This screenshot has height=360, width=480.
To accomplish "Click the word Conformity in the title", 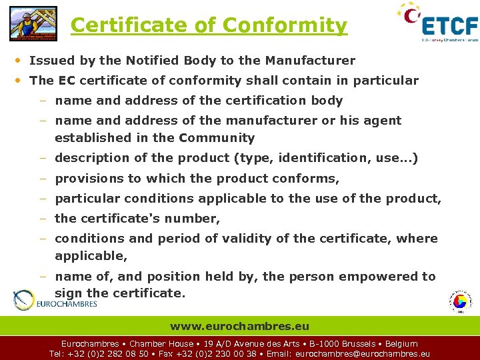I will (285, 25).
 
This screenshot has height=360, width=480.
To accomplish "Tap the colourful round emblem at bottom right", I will (459, 301).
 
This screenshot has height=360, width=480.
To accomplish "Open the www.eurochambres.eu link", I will (240, 326).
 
